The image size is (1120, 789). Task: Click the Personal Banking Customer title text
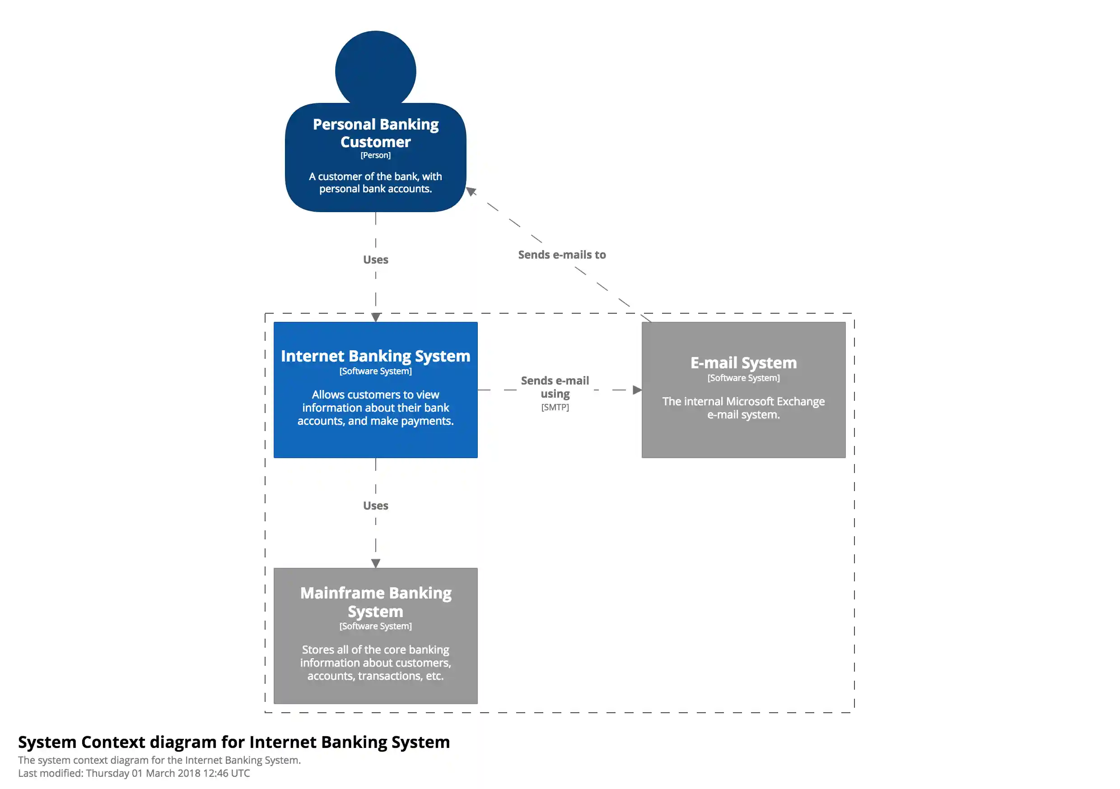click(375, 133)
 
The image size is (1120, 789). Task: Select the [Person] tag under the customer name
click(375, 155)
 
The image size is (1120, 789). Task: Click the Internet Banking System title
click(375, 356)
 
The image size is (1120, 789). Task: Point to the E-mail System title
click(743, 363)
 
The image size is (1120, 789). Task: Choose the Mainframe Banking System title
click(375, 602)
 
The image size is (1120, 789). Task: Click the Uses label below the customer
click(375, 260)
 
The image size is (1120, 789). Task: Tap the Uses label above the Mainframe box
click(375, 506)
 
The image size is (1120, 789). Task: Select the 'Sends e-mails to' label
click(561, 255)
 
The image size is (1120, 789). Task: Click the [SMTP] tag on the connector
click(555, 407)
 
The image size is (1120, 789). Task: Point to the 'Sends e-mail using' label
click(555, 387)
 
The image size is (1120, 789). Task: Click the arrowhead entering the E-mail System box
click(637, 390)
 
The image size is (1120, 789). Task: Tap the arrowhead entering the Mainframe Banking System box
click(375, 563)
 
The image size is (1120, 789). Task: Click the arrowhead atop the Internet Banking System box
click(375, 317)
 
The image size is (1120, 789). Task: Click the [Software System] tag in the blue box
click(375, 371)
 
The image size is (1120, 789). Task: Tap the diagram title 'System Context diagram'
click(233, 742)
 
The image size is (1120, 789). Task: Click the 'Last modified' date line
click(134, 773)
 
